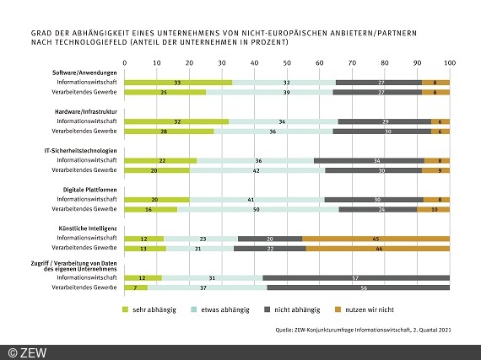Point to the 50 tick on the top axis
click(x=287, y=62)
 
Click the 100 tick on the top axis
click(x=448, y=62)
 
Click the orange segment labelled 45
click(x=376, y=239)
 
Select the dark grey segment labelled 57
click(x=356, y=277)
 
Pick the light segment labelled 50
click(x=257, y=209)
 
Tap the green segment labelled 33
click(x=178, y=82)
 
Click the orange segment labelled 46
click(x=377, y=248)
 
